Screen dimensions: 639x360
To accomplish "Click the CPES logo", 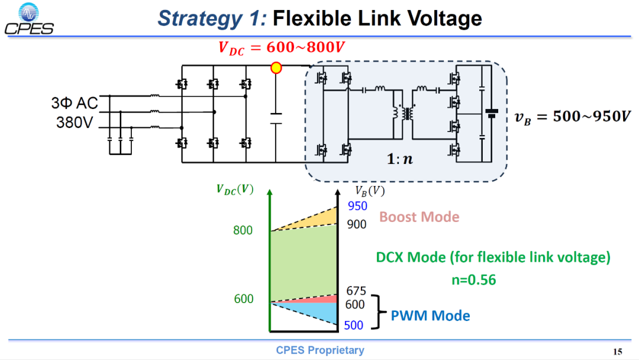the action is pyautogui.click(x=29, y=19).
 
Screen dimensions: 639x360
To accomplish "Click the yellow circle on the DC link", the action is pyautogui.click(x=276, y=67).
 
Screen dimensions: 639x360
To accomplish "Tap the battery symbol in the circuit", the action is pyautogui.click(x=492, y=113).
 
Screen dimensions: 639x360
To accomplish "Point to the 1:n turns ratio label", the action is pyautogui.click(x=399, y=159).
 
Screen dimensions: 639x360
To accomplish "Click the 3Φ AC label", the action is pyautogui.click(x=75, y=103).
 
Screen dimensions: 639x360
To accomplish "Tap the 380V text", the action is pyautogui.click(x=75, y=123).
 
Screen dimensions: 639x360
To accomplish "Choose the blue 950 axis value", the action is pyautogui.click(x=357, y=206).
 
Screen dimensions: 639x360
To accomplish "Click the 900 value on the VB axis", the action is pyautogui.click(x=357, y=224).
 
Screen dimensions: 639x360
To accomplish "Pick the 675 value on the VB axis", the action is pyautogui.click(x=356, y=291).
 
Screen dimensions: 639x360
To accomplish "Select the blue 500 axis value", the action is pyautogui.click(x=353, y=325).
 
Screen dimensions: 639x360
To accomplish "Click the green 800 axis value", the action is pyautogui.click(x=243, y=230).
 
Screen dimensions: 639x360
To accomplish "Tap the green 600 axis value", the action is pyautogui.click(x=244, y=299).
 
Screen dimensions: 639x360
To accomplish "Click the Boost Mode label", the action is pyautogui.click(x=419, y=217).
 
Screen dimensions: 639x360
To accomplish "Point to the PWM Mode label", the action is pyautogui.click(x=430, y=316).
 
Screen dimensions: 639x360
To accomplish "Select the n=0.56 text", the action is pyautogui.click(x=473, y=279).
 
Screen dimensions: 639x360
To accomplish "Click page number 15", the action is pyautogui.click(x=618, y=352).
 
